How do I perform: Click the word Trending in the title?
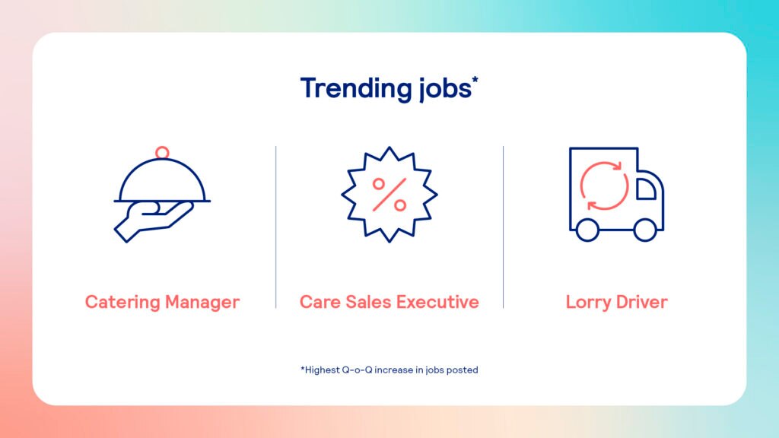point(356,89)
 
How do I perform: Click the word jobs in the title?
point(444,89)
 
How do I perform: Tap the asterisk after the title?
point(475,79)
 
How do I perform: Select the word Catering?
point(122,303)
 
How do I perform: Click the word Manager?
point(202,303)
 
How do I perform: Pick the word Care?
point(320,302)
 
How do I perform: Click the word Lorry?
point(588,303)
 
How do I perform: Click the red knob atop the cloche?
point(162,152)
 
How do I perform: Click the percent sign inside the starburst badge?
point(389,195)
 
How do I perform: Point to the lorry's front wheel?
point(645,230)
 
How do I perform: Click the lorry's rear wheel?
point(587,230)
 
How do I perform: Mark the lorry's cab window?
point(645,189)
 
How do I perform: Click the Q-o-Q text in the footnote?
point(357,370)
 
